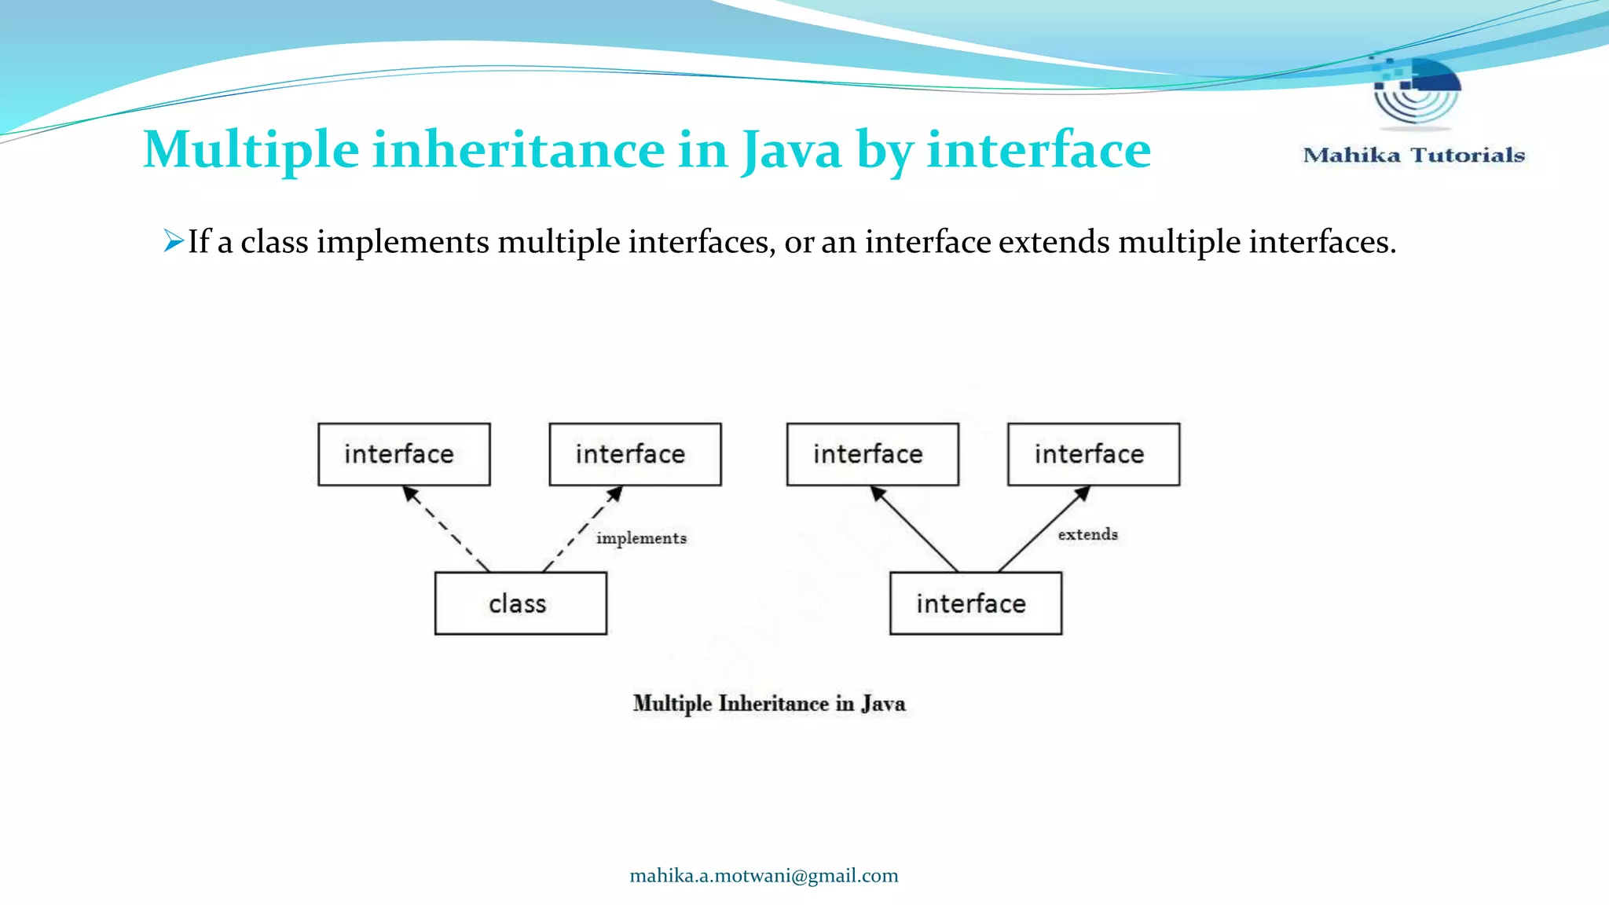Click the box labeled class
pyautogui.click(x=520, y=603)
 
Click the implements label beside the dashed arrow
pyautogui.click(x=641, y=538)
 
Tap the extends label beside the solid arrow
pyautogui.click(x=1087, y=534)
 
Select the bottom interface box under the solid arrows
pyautogui.click(x=975, y=603)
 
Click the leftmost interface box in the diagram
pyautogui.click(x=404, y=454)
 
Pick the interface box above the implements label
pyautogui.click(x=635, y=454)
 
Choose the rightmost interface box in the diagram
pyautogui.click(x=1093, y=454)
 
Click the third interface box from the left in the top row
pyautogui.click(x=872, y=454)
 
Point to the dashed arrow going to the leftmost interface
pyautogui.click(x=445, y=528)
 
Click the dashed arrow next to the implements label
pyautogui.click(x=581, y=529)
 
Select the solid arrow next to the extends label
pyautogui.click(x=1043, y=529)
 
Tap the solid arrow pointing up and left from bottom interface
pyautogui.click(x=914, y=529)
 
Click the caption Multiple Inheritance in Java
pyautogui.click(x=769, y=703)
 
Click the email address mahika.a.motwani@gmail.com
pyautogui.click(x=764, y=876)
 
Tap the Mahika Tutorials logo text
pyautogui.click(x=1413, y=155)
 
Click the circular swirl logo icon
pyautogui.click(x=1417, y=90)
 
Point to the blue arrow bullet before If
pyautogui.click(x=173, y=240)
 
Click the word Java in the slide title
pyautogui.click(x=790, y=149)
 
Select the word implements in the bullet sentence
pyautogui.click(x=402, y=242)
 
